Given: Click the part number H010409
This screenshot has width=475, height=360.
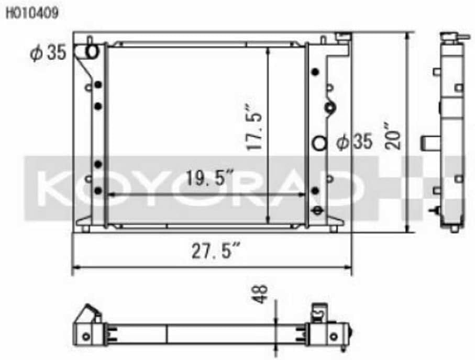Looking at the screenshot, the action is (32, 14).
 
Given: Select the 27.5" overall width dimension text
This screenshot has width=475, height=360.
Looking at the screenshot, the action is (216, 251).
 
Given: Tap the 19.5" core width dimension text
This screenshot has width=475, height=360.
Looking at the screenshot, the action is (209, 178).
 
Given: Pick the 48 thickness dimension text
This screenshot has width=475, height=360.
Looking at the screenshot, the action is (260, 293).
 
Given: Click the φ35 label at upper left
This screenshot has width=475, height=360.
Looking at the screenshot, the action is (48, 53).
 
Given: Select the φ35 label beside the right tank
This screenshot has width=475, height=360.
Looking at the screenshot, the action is (354, 141).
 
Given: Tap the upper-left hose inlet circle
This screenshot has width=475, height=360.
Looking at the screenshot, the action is (92, 52).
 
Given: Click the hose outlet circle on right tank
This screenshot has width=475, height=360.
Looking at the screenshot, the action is (319, 143).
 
